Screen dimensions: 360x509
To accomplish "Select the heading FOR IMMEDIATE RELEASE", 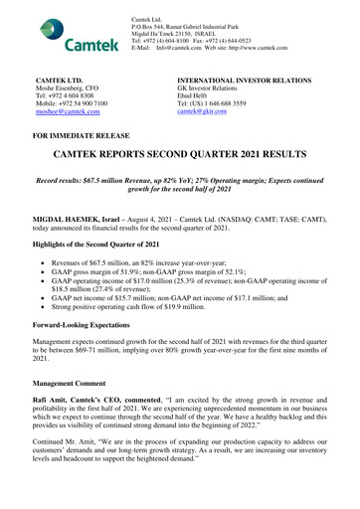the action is click(x=98, y=158).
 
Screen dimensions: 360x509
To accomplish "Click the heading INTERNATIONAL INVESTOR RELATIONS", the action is click(x=259, y=76).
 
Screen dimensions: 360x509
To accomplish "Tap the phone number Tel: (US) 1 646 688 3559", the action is click(x=230, y=104).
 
